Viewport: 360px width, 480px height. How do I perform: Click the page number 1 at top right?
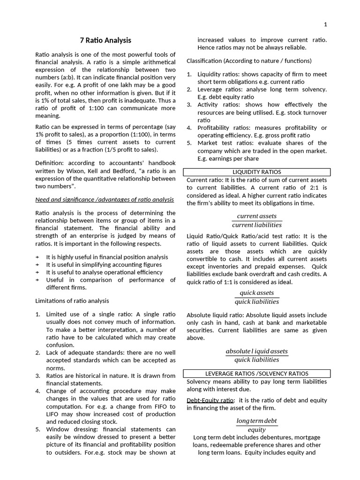[x=325, y=24]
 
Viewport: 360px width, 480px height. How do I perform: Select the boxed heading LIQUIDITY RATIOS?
[x=256, y=172]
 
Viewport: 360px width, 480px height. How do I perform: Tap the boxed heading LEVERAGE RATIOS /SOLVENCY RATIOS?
[x=256, y=374]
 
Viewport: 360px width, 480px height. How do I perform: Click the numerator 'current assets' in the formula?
[x=256, y=216]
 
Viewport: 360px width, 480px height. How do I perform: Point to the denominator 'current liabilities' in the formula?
[x=256, y=225]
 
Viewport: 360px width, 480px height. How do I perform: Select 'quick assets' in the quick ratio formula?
[x=256, y=293]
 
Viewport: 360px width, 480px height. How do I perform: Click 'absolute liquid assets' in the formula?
[x=256, y=351]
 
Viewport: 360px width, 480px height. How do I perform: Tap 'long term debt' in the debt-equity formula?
[x=256, y=421]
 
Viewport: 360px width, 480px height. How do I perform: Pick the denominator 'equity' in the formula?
[x=256, y=430]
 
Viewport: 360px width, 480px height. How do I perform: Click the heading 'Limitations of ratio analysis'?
[x=72, y=300]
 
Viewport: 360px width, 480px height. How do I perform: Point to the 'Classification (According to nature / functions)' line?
[x=249, y=61]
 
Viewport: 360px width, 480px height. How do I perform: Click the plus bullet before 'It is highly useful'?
[x=37, y=257]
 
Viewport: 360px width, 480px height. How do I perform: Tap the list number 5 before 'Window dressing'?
[x=38, y=429]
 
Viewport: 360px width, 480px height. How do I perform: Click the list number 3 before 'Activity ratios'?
[x=189, y=105]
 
